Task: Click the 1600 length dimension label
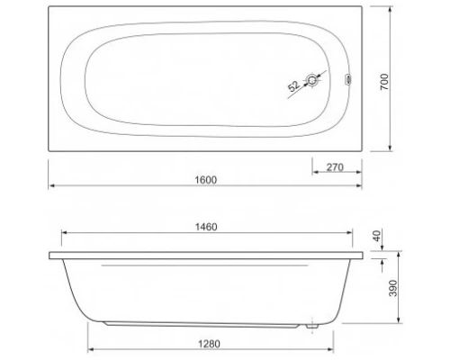(206, 180)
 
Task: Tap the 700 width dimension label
(384, 82)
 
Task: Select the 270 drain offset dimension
(335, 167)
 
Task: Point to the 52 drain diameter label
(293, 86)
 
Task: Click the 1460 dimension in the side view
(206, 227)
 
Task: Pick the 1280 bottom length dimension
(209, 344)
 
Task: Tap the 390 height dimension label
(393, 288)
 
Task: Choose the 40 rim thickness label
(377, 236)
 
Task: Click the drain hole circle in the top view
(312, 80)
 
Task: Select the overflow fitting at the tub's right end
(348, 80)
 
